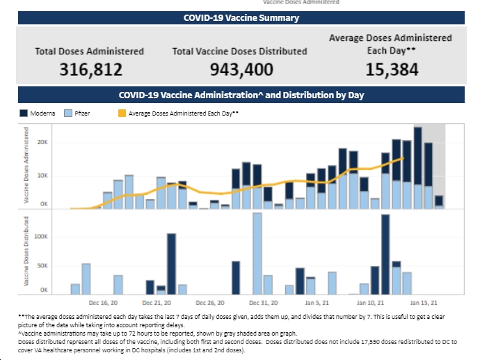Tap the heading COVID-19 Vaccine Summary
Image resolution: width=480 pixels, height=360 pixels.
coord(241,18)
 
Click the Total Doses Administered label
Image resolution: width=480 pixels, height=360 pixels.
coord(90,51)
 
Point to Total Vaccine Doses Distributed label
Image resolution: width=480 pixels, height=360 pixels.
coord(240,51)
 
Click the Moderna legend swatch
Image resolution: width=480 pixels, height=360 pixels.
coord(23,112)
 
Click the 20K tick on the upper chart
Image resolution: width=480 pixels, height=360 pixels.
coord(42,142)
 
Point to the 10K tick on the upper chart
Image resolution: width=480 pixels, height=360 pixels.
coord(42,175)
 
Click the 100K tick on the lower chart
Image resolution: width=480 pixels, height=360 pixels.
coord(40,237)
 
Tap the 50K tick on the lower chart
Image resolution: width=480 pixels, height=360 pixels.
coord(42,266)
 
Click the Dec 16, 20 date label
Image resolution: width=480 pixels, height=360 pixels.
coord(104,304)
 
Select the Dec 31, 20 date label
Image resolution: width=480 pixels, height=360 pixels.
coord(264,304)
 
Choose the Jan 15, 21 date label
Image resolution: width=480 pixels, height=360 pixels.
coord(424,304)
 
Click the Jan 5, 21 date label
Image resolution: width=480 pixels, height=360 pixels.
coord(317,304)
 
